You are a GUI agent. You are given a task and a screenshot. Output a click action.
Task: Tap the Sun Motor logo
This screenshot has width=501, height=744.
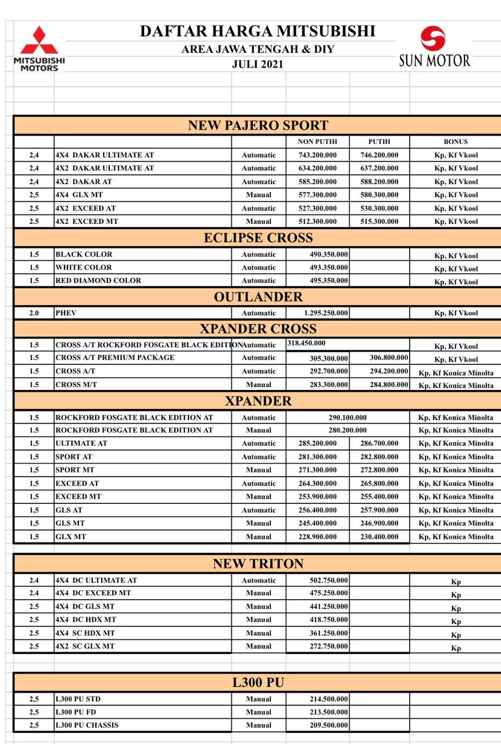pyautogui.click(x=434, y=47)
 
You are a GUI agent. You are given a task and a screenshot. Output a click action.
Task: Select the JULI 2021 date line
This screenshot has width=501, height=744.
pyautogui.click(x=257, y=65)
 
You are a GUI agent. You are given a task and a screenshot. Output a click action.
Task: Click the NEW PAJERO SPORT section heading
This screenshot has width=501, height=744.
pyautogui.click(x=258, y=125)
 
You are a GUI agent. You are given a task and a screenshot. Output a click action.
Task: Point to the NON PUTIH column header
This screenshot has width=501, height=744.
pyautogui.click(x=317, y=142)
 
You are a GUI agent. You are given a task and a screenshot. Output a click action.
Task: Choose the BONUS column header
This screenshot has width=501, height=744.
pyautogui.click(x=456, y=142)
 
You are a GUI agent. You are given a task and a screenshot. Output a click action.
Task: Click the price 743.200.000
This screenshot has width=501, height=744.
pyautogui.click(x=317, y=155)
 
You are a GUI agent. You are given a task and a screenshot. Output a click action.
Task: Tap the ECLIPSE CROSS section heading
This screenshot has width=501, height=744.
pyautogui.click(x=258, y=237)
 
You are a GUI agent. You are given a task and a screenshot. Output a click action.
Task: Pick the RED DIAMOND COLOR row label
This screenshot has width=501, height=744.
pyautogui.click(x=98, y=281)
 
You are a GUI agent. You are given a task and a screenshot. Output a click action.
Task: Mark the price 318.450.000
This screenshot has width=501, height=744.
pyautogui.click(x=307, y=344)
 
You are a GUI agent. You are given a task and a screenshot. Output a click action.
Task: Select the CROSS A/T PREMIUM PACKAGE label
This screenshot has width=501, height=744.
pyautogui.click(x=115, y=357)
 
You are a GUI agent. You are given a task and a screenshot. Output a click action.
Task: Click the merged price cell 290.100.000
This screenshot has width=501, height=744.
pyautogui.click(x=348, y=417)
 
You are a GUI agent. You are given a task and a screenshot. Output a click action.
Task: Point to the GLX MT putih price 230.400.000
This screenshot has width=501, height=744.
pyautogui.click(x=380, y=537)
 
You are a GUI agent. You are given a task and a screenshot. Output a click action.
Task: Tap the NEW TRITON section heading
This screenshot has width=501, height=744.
pyautogui.click(x=258, y=563)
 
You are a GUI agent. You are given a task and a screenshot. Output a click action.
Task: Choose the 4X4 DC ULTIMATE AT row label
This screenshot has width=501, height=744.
pyautogui.click(x=96, y=580)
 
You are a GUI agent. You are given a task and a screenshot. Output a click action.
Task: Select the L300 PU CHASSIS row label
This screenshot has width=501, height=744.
pyautogui.click(x=82, y=725)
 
